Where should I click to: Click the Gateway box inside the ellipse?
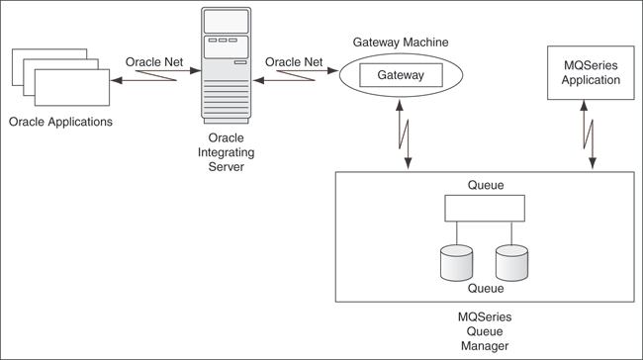coord(400,75)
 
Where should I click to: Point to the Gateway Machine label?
coord(400,43)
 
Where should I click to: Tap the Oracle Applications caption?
coord(60,123)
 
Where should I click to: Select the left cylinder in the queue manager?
coord(456,261)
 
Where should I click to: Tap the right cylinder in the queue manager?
coord(511,261)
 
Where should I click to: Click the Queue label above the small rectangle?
coord(485,184)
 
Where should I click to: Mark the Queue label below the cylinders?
coord(485,289)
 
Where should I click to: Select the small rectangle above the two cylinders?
coord(485,208)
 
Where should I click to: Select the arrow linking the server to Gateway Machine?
coord(296,77)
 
